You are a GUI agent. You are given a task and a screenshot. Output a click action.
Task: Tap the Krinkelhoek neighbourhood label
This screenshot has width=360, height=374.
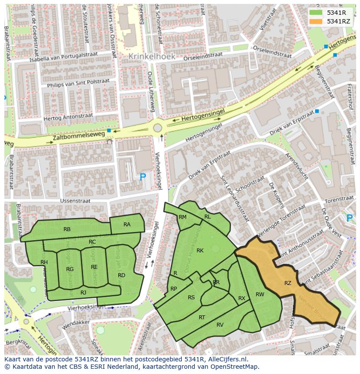pos(152,56)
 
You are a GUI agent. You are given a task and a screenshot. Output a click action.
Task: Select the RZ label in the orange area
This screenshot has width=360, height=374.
pos(288,283)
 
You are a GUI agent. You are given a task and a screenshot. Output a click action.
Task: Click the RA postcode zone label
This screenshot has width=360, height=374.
pos(127,225)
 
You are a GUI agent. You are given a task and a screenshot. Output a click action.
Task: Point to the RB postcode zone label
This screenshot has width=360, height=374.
pos(67,229)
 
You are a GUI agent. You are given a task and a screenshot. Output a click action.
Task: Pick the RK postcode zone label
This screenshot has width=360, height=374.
pos(200,251)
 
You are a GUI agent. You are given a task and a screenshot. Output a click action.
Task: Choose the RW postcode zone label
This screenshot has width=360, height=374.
pos(260,295)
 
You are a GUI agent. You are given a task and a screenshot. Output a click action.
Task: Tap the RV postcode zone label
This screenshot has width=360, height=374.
pos(220,325)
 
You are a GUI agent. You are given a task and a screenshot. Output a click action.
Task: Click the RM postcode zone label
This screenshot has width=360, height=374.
pos(183,217)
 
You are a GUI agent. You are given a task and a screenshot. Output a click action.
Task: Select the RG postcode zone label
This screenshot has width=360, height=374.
pos(70,269)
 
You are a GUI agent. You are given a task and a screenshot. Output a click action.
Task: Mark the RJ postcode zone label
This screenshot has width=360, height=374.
pos(83,293)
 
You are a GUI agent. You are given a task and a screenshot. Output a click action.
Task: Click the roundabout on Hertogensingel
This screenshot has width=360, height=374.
pos(157,128)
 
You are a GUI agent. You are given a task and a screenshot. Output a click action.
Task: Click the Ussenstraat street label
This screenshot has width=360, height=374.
pos(75,201)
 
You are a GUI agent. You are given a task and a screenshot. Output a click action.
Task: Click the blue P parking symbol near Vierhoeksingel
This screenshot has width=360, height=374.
pos(143,177)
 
